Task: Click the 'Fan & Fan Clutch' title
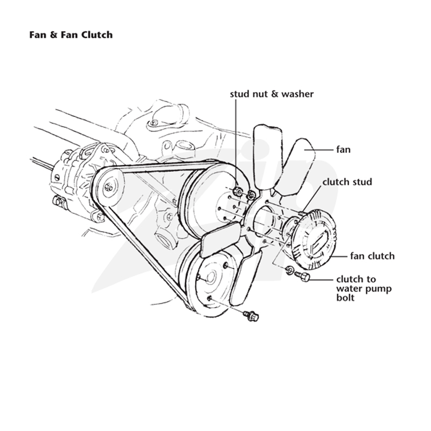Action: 71,35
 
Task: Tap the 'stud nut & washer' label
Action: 272,94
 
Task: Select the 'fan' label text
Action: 343,150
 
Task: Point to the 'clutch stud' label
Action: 347,182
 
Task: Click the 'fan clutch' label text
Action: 372,256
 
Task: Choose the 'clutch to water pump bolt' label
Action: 364,288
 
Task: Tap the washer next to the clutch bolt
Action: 289,270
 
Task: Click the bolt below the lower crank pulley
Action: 251,316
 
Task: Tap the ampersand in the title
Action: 53,35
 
